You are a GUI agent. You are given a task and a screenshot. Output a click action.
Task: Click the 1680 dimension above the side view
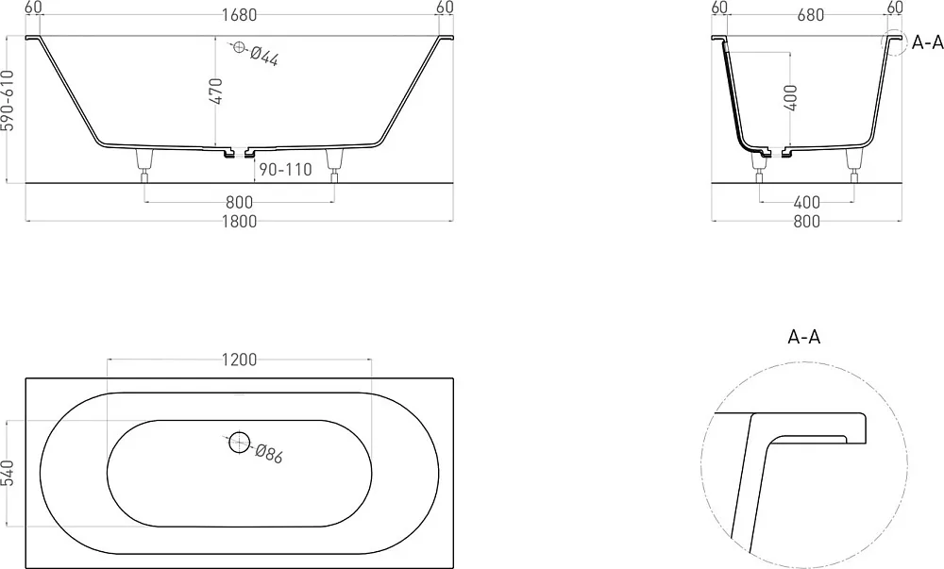(239, 14)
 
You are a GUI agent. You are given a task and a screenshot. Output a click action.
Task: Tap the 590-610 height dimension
(8, 100)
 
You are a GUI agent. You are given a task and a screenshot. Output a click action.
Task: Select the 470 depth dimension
(217, 91)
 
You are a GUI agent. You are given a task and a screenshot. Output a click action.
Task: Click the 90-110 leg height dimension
(285, 170)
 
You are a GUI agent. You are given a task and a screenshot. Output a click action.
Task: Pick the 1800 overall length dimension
(239, 222)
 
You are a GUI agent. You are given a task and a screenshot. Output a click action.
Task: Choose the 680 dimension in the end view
(810, 14)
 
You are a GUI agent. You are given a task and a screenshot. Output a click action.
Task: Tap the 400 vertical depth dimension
(791, 97)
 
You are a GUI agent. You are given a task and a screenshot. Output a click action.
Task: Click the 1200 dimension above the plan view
(239, 360)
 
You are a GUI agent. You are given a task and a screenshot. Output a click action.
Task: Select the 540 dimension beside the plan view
(8, 474)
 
